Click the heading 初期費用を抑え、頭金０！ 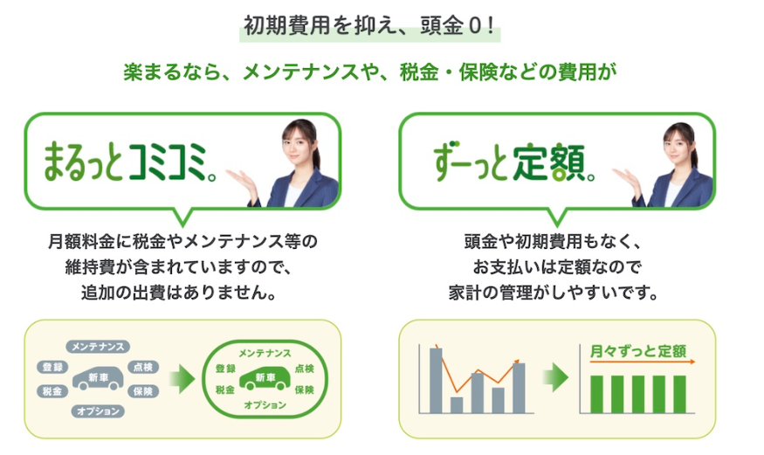[369, 26]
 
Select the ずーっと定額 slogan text [514, 162]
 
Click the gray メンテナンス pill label [98, 347]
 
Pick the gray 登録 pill [52, 367]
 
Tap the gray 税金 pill [52, 390]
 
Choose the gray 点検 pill [143, 367]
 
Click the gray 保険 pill [143, 390]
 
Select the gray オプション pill [98, 411]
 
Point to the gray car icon [98, 378]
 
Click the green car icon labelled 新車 [265, 378]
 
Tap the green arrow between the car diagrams [182, 377]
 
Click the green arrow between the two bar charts [556, 376]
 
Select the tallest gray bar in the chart [436, 381]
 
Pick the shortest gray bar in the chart [457, 405]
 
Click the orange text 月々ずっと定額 [637, 351]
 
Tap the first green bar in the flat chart [596, 394]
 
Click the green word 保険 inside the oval [305, 390]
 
